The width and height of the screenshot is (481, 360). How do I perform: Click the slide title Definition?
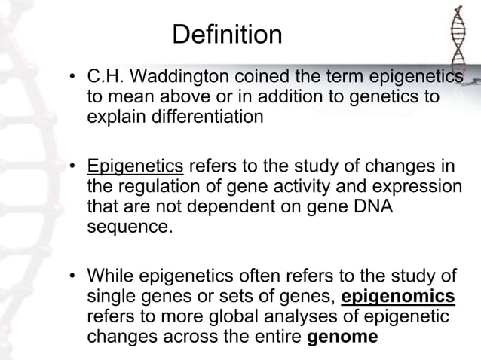pyautogui.click(x=227, y=34)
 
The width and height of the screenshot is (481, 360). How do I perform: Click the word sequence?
pyautogui.click(x=127, y=227)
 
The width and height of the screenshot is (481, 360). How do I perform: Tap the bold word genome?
pyautogui.click(x=343, y=336)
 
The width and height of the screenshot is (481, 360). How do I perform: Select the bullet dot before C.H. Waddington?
pyautogui.click(x=73, y=78)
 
